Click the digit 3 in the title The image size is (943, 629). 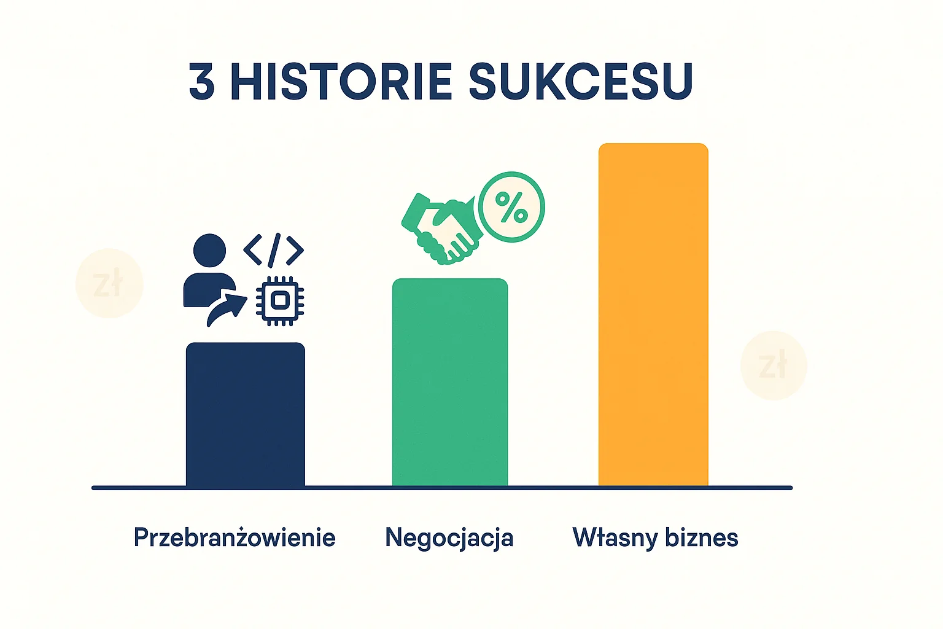tap(202, 82)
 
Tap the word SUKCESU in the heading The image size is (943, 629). tap(581, 82)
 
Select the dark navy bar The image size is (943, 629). tap(245, 415)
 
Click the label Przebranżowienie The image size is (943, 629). tap(235, 538)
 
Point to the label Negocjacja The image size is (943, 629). tap(449, 538)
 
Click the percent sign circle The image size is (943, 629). tap(511, 206)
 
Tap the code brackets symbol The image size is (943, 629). tap(274, 250)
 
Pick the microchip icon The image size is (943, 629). tap(280, 300)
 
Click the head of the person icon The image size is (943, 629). tap(209, 251)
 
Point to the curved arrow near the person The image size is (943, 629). tap(226, 308)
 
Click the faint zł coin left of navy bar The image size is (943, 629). tap(109, 283)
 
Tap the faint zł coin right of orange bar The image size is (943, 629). tap(774, 365)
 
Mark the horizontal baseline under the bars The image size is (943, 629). tap(442, 488)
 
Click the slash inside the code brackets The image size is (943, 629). tap(274, 250)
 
